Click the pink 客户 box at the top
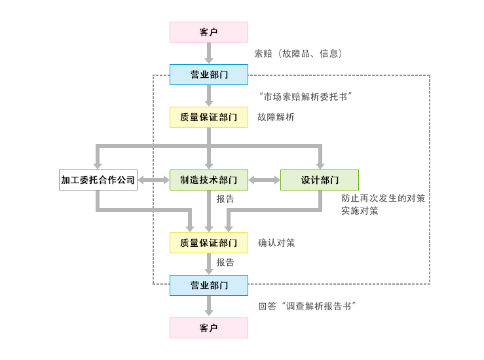209,32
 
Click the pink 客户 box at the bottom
209,328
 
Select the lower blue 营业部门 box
209,286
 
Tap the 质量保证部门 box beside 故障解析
209,117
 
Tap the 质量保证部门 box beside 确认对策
209,243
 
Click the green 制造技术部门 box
209,180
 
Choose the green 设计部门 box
320,180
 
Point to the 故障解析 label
276,118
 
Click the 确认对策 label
276,243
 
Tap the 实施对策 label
360,211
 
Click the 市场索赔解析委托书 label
307,97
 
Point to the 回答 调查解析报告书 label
308,306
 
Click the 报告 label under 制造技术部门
225,199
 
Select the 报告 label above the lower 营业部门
225,262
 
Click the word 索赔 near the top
263,54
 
